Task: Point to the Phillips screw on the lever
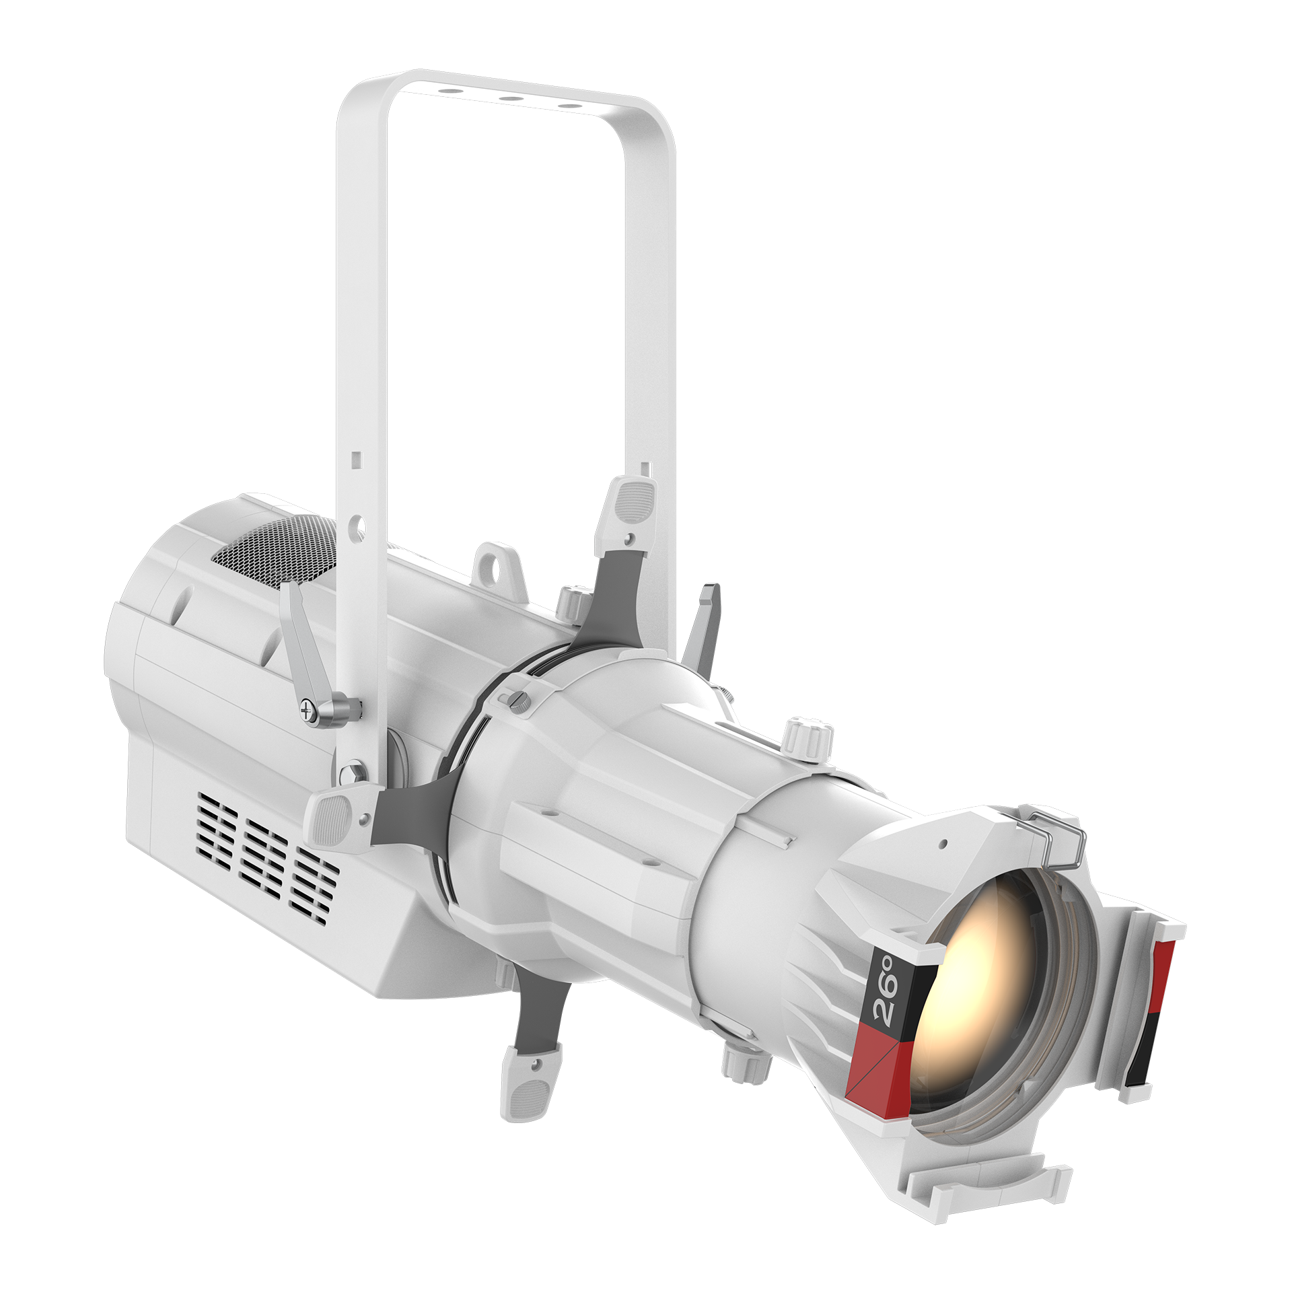[309, 709]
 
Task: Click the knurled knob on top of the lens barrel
[808, 737]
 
